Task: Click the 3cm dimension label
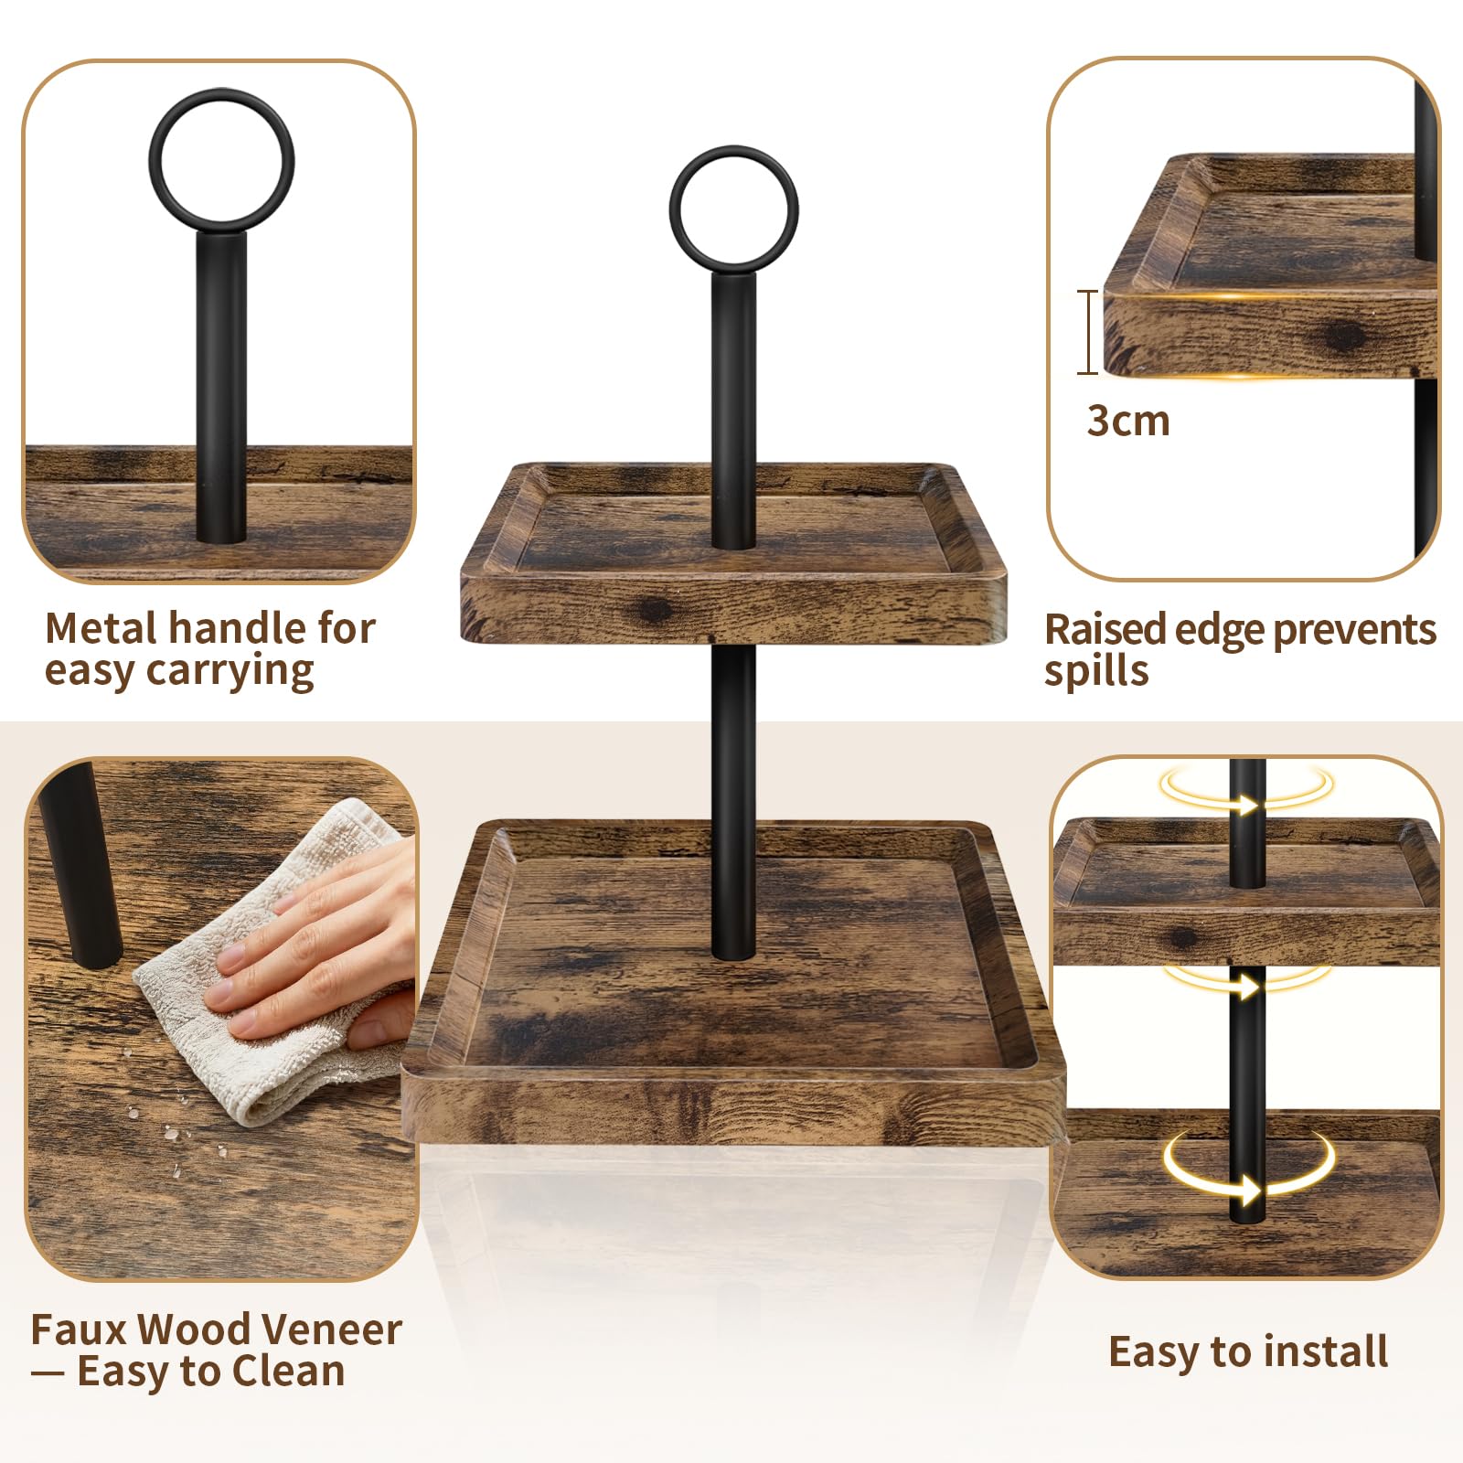click(1128, 422)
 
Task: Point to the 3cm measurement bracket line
click(1088, 332)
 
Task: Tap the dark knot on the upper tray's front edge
click(655, 611)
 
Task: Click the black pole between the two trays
click(733, 800)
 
